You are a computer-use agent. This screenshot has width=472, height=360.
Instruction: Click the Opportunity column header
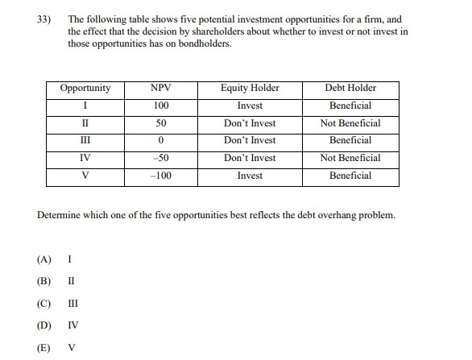pos(85,89)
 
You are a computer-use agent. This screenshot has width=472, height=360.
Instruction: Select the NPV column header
pos(161,89)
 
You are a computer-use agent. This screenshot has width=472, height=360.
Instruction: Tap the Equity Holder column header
pos(250,89)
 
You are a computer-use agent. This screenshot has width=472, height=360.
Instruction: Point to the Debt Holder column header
pos(350,89)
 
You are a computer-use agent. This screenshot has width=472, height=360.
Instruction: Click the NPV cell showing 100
pos(161,106)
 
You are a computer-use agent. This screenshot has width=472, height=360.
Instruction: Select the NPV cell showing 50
pos(161,123)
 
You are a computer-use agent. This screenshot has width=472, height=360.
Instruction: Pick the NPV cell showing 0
pos(161,141)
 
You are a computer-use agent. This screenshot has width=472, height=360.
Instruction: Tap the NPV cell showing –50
pos(161,158)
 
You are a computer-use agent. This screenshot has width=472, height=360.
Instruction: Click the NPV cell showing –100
pos(161,176)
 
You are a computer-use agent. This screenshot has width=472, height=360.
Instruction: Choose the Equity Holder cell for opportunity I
pos(250,106)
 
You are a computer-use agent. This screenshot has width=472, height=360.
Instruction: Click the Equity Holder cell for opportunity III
pos(250,141)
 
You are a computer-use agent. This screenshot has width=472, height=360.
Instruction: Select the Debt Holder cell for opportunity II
pos(350,123)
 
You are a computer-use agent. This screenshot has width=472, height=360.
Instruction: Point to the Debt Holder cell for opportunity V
pos(350,176)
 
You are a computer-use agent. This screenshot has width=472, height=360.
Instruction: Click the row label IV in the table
pos(85,158)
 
